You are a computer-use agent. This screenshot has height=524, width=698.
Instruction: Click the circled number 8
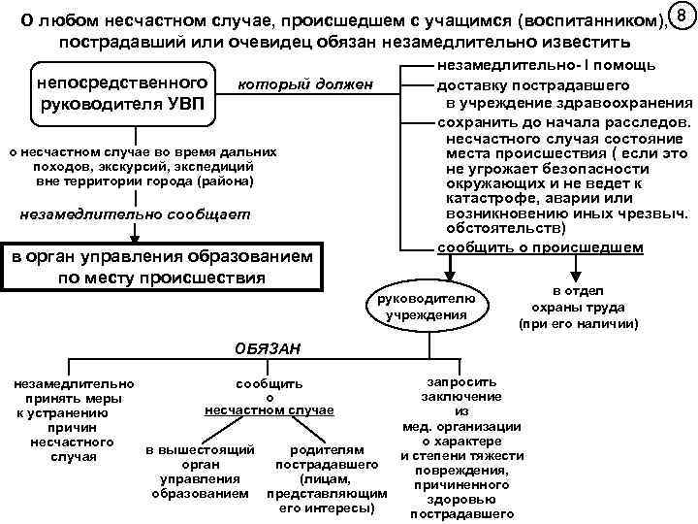coord(682,16)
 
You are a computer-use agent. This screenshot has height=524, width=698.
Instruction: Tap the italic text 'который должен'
coord(305,85)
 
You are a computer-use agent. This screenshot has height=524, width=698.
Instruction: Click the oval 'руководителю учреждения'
coord(424,306)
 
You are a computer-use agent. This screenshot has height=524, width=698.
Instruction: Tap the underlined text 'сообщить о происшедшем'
coord(540,247)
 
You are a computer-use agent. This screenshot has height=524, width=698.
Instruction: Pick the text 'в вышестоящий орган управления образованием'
coord(200,473)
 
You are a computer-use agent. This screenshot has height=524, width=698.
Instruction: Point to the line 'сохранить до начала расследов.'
coord(563,122)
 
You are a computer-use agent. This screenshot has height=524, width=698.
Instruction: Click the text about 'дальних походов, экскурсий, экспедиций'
coord(143,166)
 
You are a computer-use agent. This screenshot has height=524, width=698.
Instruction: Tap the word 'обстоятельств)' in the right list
coord(501,230)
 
